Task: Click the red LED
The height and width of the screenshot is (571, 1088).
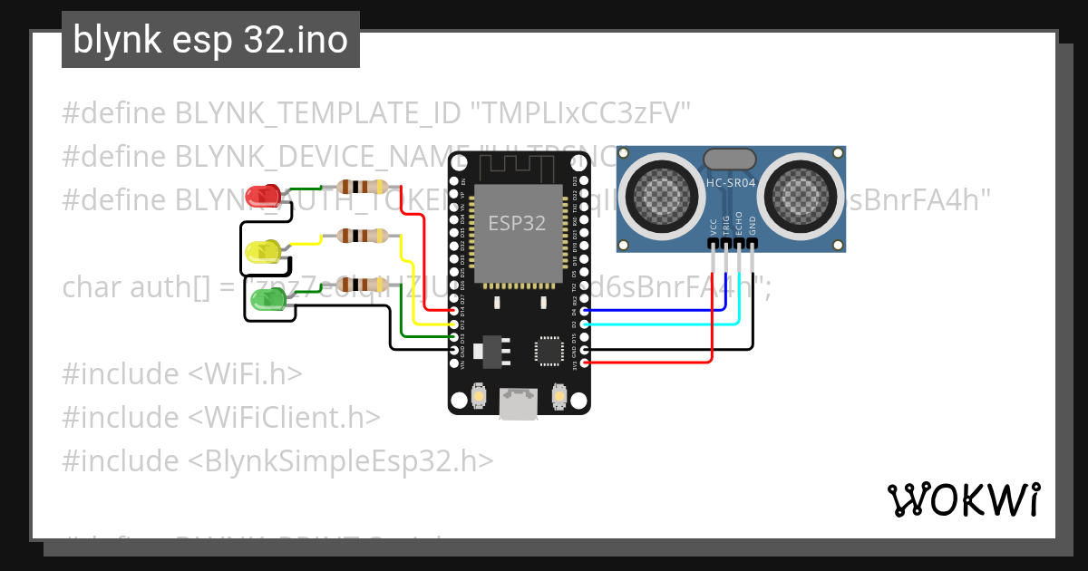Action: pos(263,195)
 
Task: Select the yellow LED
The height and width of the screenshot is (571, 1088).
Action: pos(263,250)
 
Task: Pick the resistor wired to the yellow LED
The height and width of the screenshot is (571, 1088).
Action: pos(362,236)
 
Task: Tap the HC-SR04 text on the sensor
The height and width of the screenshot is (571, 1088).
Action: pos(731,185)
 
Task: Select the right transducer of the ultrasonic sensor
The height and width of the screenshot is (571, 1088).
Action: pos(799,192)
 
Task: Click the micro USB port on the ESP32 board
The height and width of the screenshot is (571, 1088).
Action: pos(519,403)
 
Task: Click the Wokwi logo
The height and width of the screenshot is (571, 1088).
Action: pos(963,499)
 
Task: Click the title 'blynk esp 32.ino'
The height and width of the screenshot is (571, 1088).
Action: pos(210,40)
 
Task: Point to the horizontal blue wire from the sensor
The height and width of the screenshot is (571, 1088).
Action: pos(653,310)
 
